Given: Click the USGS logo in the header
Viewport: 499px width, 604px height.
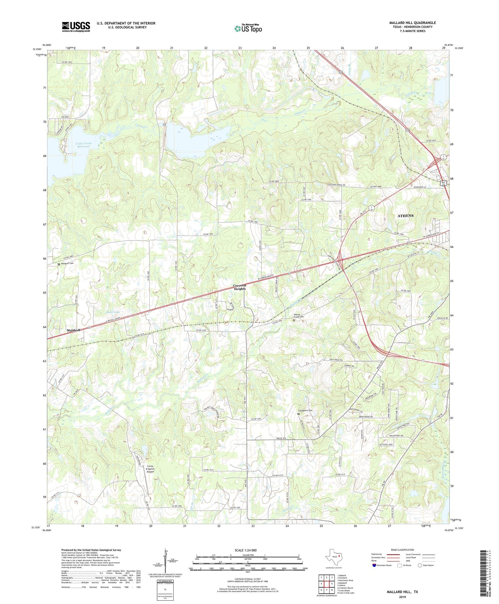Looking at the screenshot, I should (x=76, y=27).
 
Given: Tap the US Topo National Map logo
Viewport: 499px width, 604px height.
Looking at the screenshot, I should (x=248, y=28).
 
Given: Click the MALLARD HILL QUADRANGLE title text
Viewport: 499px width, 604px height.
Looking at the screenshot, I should (x=412, y=23).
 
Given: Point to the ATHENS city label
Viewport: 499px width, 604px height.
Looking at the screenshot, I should (x=406, y=216).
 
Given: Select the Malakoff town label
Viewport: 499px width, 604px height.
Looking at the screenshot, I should (x=74, y=330).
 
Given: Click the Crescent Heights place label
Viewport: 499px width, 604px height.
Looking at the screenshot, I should (x=240, y=287).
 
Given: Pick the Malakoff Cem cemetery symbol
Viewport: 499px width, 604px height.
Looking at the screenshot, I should (x=59, y=264).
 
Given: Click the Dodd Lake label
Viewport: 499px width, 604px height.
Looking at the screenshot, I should (x=113, y=312).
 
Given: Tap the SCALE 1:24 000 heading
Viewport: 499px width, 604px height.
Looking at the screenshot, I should (x=246, y=550).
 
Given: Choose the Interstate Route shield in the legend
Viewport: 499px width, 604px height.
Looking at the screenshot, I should (x=374, y=565).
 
